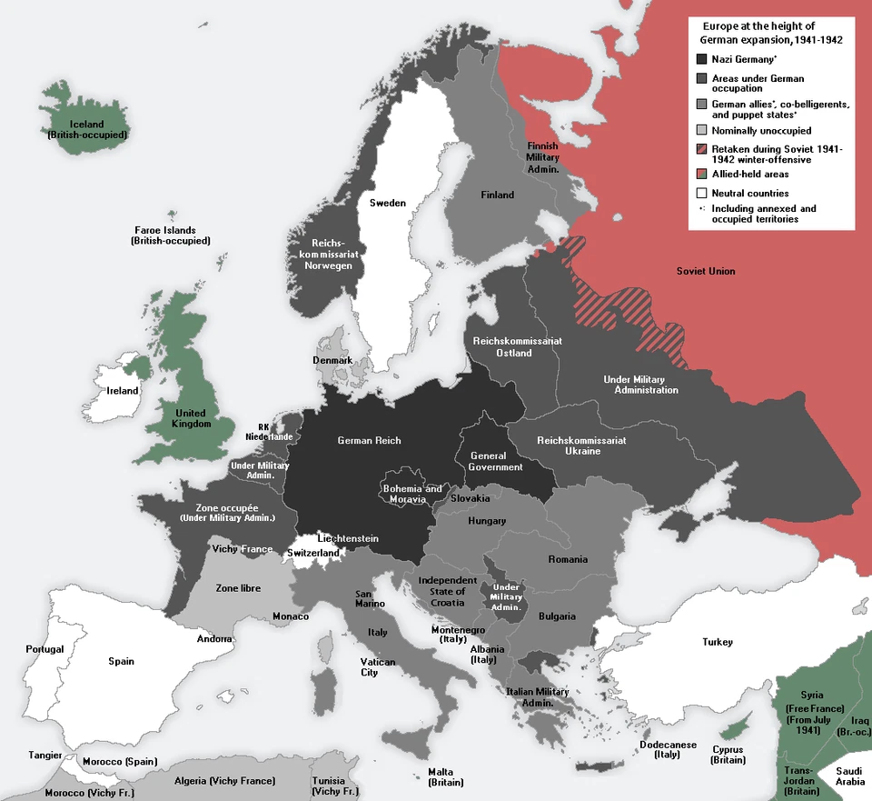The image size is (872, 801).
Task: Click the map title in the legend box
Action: pos(770,34)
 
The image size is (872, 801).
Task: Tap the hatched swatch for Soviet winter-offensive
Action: pos(701,149)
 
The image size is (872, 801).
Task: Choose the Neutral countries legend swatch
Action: pos(701,193)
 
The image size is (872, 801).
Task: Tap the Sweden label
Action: pos(388,203)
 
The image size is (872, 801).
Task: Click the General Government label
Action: pos(495,461)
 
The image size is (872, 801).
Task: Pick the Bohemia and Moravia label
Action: pos(412,494)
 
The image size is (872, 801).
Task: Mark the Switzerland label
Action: pos(313,553)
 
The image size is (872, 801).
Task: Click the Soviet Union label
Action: pos(706,271)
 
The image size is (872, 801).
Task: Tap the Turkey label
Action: pos(717,642)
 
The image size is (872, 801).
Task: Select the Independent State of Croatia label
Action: pos(447,591)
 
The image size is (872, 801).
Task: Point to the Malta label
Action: pos(445,776)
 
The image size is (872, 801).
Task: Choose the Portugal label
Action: pos(45,649)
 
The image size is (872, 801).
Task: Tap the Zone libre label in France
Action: pos(238,588)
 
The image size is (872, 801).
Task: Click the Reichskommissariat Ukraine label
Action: pos(581,446)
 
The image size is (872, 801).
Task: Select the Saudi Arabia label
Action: pos(850,776)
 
